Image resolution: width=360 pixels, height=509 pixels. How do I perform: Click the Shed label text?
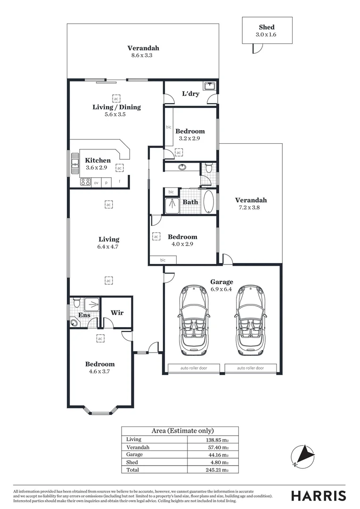click(x=267, y=27)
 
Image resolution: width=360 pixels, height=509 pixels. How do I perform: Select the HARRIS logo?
click(x=318, y=496)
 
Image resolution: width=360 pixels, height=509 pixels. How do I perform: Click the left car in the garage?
click(x=194, y=320)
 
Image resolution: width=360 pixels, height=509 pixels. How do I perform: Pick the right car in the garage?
click(x=250, y=320)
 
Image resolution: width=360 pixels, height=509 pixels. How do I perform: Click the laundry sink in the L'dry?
click(x=210, y=86)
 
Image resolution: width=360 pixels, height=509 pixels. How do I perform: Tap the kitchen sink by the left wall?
click(x=74, y=164)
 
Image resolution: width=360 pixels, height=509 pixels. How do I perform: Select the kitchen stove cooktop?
click(x=85, y=182)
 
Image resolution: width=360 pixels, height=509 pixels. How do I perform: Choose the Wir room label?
click(x=117, y=312)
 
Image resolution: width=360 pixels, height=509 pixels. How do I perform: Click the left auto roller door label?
click(x=194, y=368)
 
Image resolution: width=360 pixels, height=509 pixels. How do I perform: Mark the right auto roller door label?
click(x=250, y=368)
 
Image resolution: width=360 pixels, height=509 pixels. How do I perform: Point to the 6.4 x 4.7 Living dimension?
click(x=109, y=246)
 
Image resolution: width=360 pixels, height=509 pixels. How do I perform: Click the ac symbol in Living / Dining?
click(x=116, y=98)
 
